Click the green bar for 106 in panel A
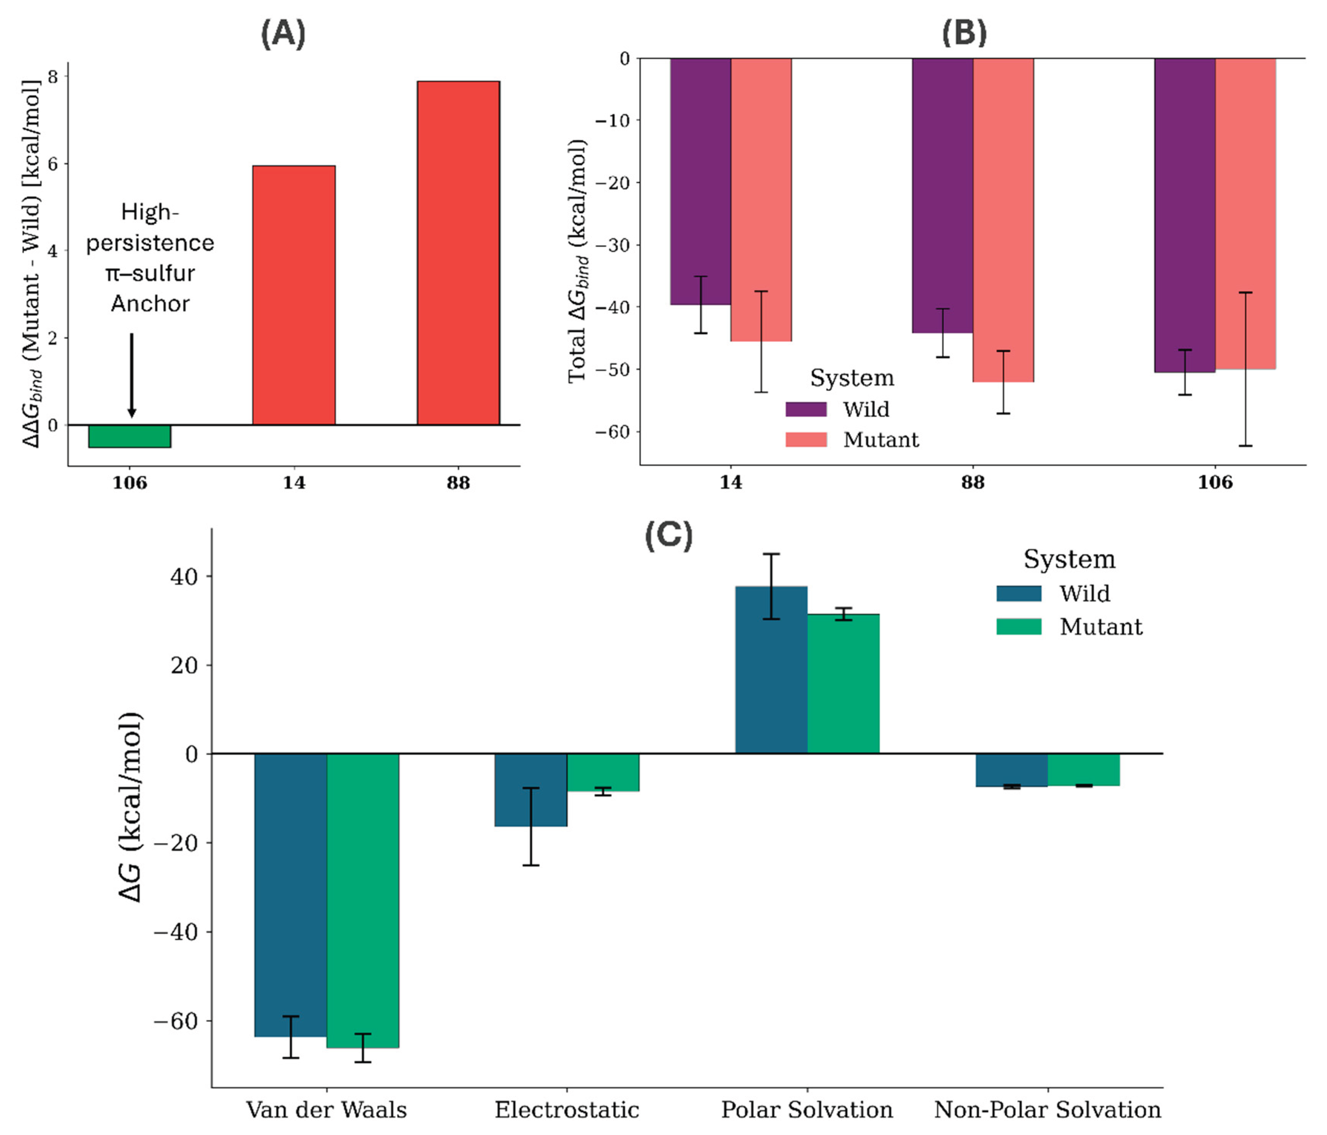coord(130,436)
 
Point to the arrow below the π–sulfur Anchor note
coord(132,375)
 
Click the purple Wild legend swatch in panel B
coord(806,409)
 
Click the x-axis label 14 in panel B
coord(731,482)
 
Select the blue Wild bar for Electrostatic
coord(530,790)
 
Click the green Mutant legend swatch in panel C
coord(1018,626)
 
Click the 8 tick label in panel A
coord(52,77)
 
